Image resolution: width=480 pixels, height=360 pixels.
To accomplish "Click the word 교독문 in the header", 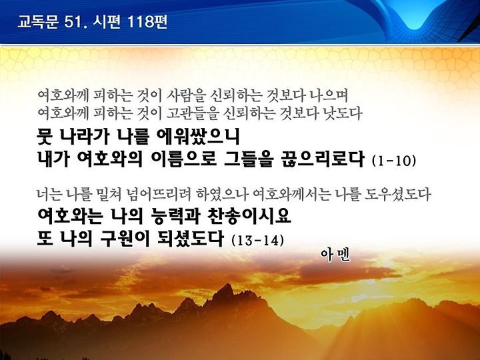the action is point(38,22).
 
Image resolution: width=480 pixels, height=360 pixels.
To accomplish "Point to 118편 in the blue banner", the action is point(147,22).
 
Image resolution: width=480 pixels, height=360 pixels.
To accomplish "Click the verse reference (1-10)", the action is point(394,161).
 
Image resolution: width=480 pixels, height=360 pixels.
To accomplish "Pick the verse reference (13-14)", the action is point(258,240).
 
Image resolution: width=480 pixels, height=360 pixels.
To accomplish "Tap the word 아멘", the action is point(335,255).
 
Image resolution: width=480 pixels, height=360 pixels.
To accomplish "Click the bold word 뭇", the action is point(45,137).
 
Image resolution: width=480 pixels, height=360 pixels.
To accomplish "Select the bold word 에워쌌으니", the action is point(198,137).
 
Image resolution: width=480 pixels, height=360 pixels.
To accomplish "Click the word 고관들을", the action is point(193,113).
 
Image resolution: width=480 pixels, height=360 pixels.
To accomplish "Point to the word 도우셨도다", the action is point(398,195).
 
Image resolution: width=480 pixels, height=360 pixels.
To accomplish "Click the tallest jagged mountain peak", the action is point(227,285).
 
